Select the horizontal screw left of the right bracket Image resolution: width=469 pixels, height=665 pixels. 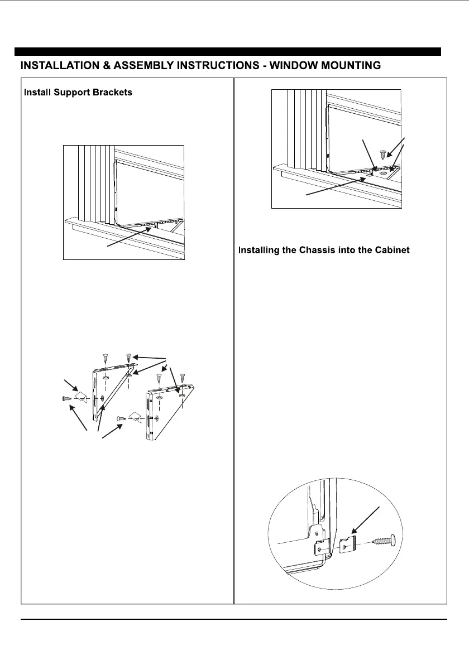coord(121,418)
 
